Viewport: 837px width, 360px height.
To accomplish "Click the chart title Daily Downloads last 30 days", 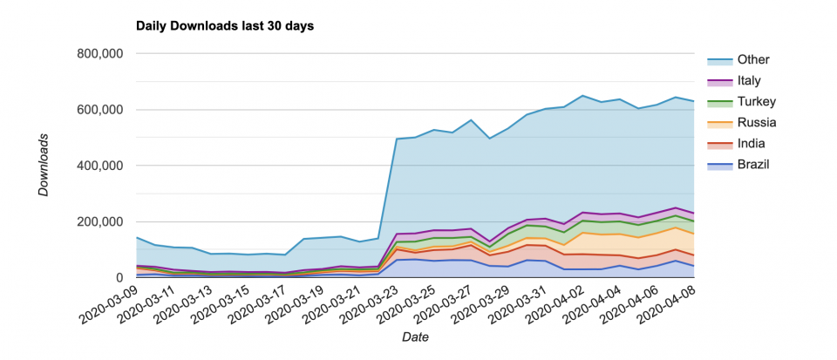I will click(x=225, y=26).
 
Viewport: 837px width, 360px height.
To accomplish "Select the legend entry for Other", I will click(x=752, y=60).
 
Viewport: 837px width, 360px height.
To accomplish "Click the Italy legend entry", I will click(x=749, y=81).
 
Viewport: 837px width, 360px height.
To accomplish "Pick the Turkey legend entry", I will click(x=754, y=102).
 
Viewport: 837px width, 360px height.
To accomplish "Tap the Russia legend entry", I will click(x=755, y=123).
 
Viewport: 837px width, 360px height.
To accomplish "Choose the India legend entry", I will click(x=750, y=144).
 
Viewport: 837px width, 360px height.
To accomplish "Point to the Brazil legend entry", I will click(x=752, y=165).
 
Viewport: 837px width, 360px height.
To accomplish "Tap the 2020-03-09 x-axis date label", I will click(x=110, y=302).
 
